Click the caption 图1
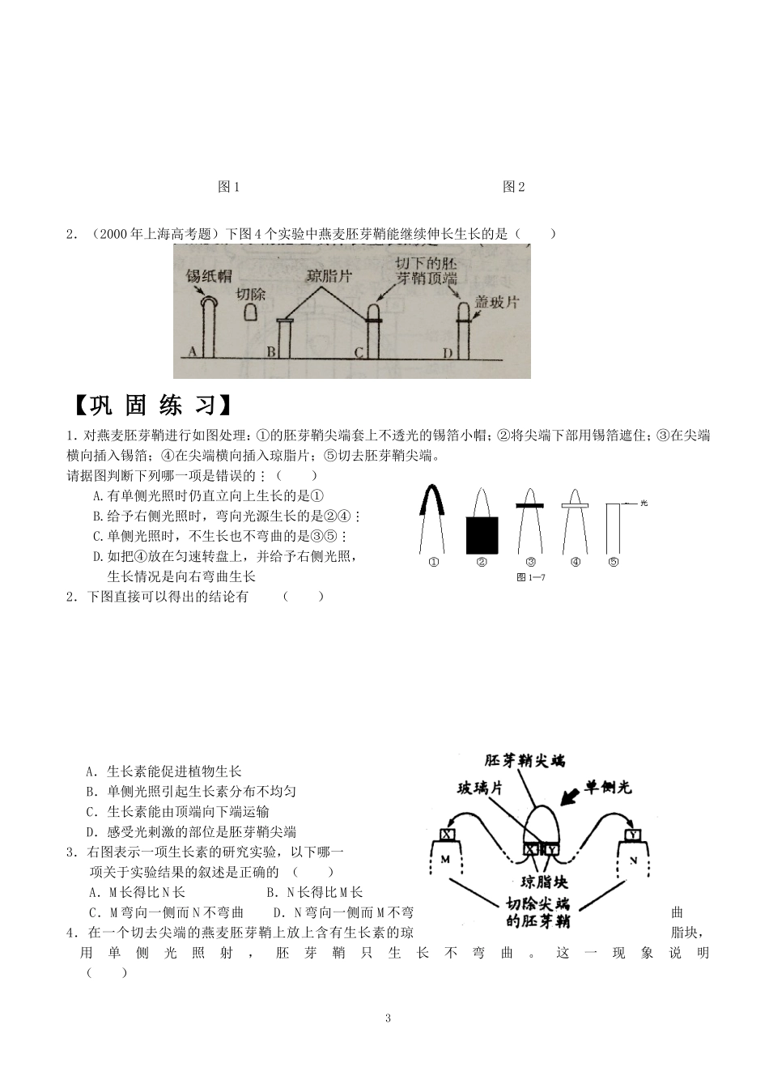[229, 187]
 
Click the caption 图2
[513, 187]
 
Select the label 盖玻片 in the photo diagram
[496, 302]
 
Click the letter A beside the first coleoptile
[192, 351]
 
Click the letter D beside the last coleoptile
[448, 352]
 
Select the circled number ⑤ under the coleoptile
[613, 562]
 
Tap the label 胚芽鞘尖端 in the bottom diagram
[525, 761]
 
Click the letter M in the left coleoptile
[444, 860]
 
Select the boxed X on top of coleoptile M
[447, 834]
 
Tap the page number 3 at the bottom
[388, 1018]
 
